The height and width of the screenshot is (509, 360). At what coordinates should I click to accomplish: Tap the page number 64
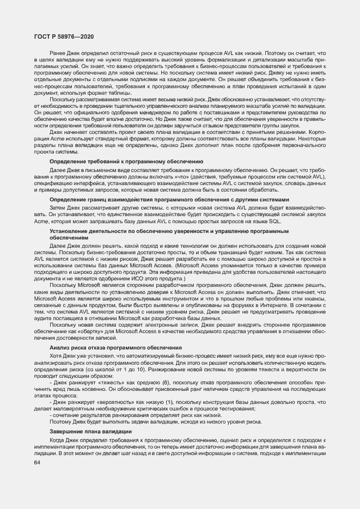coord(38,463)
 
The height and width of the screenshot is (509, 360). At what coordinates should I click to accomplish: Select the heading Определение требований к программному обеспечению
coord(126,162)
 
